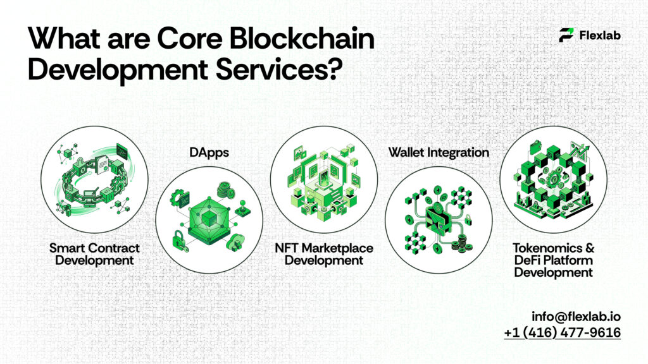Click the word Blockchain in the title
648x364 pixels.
coord(303,39)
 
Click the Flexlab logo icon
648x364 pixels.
coord(566,35)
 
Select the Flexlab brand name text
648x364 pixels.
coord(599,35)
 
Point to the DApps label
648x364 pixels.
coord(209,152)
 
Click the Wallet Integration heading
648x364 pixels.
coord(439,152)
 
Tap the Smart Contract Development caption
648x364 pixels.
coord(94,253)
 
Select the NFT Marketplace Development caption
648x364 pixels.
coord(323,253)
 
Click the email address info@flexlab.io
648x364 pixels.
coord(576,315)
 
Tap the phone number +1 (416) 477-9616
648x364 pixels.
coord(562,332)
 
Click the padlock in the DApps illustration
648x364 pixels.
coord(180,239)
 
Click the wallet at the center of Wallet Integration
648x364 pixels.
coord(439,218)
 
